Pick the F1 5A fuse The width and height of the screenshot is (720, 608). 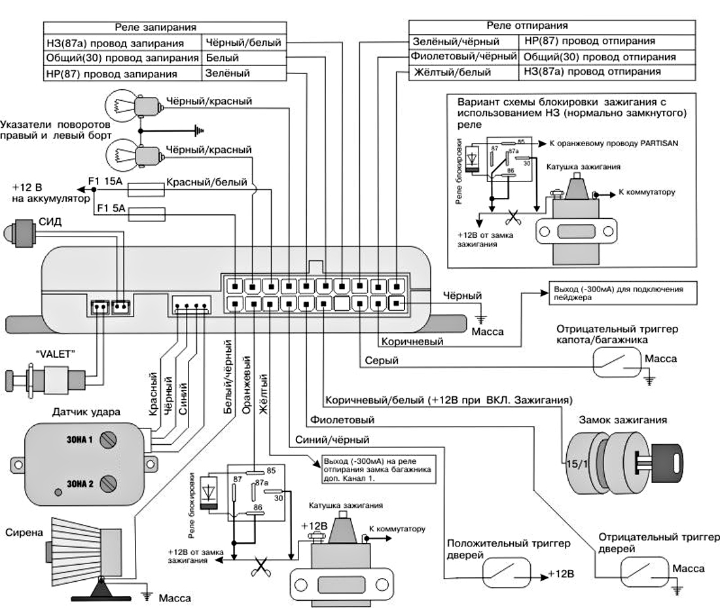(149, 212)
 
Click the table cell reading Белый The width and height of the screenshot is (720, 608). (222, 58)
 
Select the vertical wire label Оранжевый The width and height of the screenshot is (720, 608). (247, 384)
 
